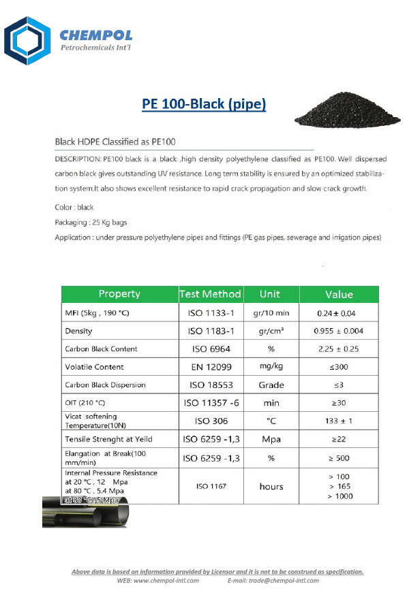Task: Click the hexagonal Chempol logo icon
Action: click(27, 42)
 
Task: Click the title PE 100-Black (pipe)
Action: click(204, 105)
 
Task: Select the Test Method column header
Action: click(210, 294)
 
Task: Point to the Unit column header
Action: click(270, 294)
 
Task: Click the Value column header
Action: click(339, 294)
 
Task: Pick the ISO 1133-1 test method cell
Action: click(210, 313)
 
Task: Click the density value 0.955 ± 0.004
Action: click(339, 331)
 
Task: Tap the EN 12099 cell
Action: click(210, 367)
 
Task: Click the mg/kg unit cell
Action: click(270, 367)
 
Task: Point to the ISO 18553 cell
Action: click(210, 385)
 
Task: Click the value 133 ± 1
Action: click(339, 421)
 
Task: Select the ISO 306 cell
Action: click(210, 421)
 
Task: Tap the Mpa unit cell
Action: click(270, 440)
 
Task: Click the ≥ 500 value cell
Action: click(339, 458)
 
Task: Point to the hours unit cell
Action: click(270, 487)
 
